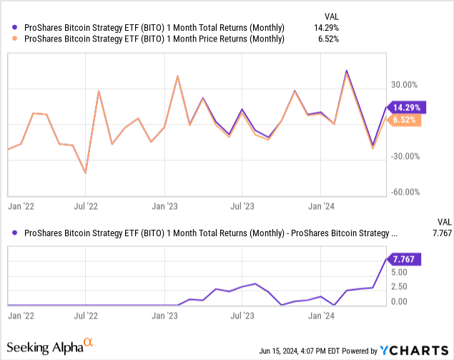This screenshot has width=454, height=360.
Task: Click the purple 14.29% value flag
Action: pyautogui.click(x=407, y=107)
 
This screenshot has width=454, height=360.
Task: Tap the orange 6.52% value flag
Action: pyautogui.click(x=405, y=120)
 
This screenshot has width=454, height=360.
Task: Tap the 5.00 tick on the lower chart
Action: pyautogui.click(x=399, y=272)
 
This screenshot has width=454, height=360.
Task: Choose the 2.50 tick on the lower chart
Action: pyautogui.click(x=399, y=286)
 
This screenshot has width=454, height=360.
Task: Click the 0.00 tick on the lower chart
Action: pyautogui.click(x=399, y=301)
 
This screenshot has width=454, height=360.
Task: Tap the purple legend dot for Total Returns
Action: pyautogui.click(x=14, y=27)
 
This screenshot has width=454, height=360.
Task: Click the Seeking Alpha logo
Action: pyautogui.click(x=51, y=348)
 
